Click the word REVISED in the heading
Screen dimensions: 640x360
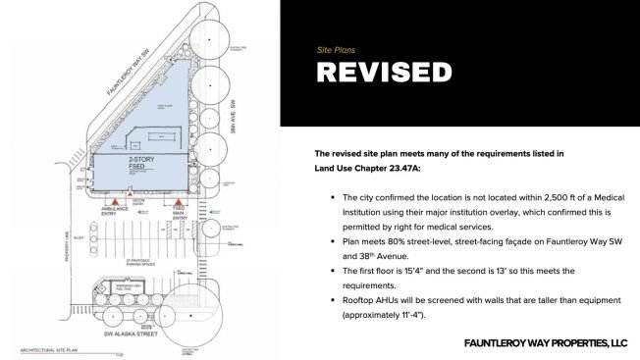point(384,73)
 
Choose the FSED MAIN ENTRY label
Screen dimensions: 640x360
point(180,220)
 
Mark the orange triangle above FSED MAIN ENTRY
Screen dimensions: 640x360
point(180,209)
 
